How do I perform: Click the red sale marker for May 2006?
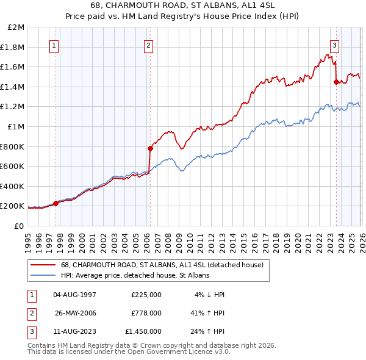tap(150, 148)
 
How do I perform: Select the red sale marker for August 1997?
tap(56, 203)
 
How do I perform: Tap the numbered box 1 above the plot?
tap(54, 45)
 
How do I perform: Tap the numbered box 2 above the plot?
tap(149, 45)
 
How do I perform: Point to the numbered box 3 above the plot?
tap(335, 45)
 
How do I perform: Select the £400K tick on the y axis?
tap(13, 186)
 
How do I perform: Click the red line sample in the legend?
tap(43, 265)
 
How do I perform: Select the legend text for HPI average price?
tap(135, 276)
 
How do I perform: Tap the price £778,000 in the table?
tap(146, 313)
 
